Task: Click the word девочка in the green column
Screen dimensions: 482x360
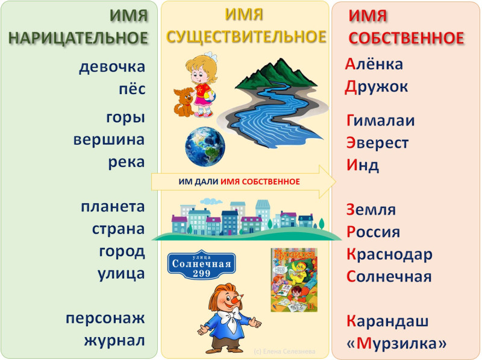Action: (112, 67)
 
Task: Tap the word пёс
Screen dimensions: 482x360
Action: (132, 89)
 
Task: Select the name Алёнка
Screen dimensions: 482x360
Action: (374, 64)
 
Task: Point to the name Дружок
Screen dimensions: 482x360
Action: (376, 87)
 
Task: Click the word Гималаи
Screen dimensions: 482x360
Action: (381, 121)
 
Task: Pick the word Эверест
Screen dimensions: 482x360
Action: (378, 143)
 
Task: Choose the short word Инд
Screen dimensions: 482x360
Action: (363, 165)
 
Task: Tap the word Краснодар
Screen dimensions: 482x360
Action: (389, 254)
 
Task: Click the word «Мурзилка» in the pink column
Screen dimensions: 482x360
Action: (396, 343)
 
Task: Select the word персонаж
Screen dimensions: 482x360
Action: (105, 318)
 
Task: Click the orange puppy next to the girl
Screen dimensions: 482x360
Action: (184, 102)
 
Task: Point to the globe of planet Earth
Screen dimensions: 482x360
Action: (205, 147)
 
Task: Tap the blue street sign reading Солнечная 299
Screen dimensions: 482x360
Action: (202, 265)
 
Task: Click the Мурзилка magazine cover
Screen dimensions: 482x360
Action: (294, 280)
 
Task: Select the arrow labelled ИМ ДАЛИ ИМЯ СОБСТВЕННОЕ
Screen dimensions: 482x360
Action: (243, 182)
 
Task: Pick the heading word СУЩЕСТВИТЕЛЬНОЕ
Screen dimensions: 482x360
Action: (246, 37)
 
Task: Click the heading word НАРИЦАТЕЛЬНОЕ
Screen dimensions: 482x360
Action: (78, 38)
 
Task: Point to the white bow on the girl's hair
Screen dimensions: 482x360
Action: (211, 56)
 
